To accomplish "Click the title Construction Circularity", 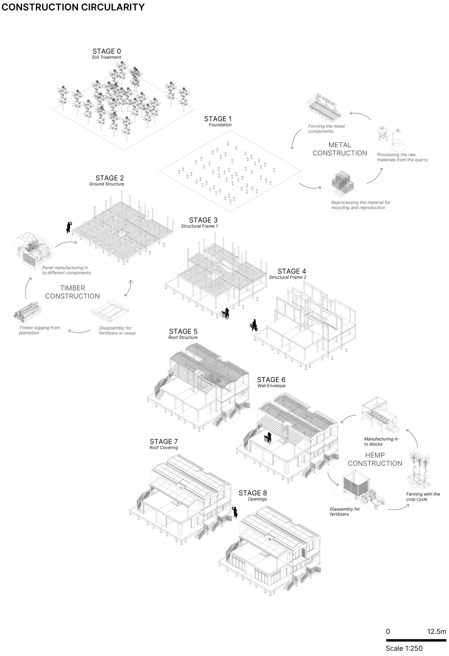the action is (73, 7).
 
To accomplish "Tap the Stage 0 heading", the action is (107, 51).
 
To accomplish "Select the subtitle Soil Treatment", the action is (106, 57).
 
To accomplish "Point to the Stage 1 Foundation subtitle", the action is (220, 125).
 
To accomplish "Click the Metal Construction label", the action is (340, 149).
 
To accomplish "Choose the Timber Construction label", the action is (72, 292).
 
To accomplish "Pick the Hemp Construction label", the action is (375, 459).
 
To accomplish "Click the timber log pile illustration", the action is (28, 312).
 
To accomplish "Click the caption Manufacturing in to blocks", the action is (381, 442).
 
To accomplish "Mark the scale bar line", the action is (416, 640).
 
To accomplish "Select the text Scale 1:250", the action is (404, 648).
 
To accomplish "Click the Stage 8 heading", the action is (253, 493).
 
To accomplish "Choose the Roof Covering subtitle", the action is (164, 447).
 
